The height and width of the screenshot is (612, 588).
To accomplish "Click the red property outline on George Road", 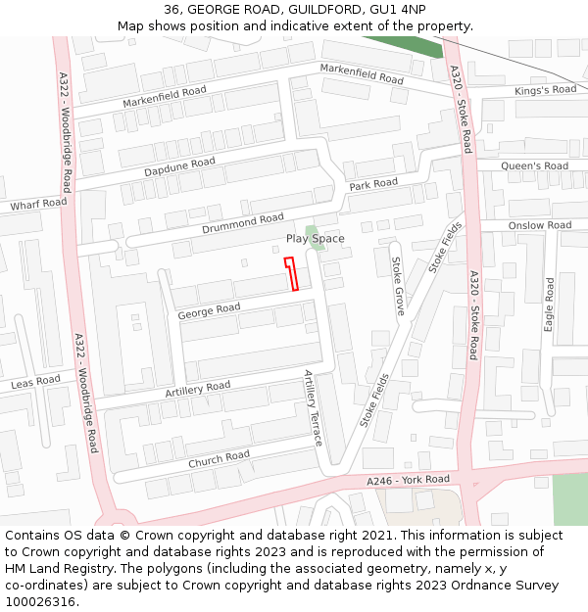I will (x=292, y=274).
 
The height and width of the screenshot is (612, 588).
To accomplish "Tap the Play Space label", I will (x=315, y=239).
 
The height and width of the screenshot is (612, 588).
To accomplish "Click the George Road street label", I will (x=209, y=311).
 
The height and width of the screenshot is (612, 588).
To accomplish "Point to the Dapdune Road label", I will (x=178, y=167).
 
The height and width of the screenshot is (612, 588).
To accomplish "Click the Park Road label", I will (x=373, y=184).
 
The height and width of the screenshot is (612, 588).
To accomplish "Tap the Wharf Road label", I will (x=39, y=204).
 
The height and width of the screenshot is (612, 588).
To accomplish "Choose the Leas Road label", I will (x=35, y=382).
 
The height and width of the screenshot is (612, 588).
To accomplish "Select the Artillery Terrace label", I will (x=313, y=407).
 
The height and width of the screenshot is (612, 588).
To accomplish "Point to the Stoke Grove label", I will (x=398, y=286).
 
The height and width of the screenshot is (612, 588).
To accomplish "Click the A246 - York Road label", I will (x=408, y=481).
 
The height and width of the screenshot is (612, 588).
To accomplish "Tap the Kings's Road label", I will (x=546, y=90).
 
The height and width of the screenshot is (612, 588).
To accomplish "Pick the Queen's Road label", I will (x=534, y=166).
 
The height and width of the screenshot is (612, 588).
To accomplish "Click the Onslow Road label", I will (x=539, y=225).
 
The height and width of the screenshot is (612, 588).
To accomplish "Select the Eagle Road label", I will (x=550, y=304).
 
